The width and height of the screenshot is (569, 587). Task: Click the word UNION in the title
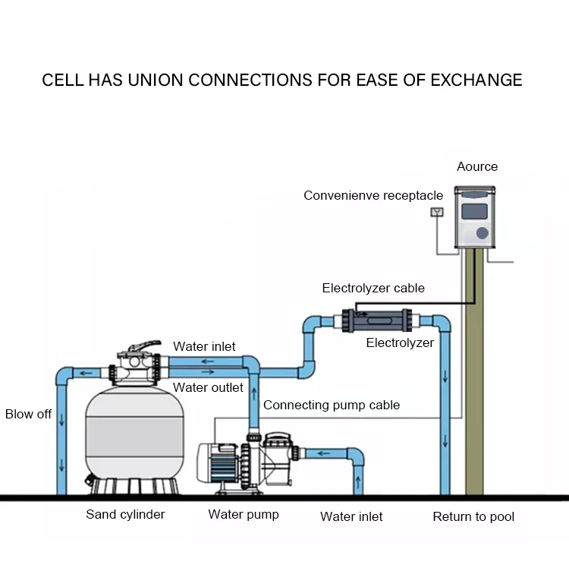click(156, 80)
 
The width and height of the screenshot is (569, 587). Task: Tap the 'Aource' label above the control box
click(477, 166)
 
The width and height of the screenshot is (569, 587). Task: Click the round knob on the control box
click(483, 233)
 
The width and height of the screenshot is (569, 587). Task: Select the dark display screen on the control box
click(474, 212)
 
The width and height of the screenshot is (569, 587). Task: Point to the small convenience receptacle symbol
click(437, 213)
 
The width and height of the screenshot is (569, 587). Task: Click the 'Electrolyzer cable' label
click(373, 289)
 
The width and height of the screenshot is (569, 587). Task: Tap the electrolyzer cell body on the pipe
click(377, 320)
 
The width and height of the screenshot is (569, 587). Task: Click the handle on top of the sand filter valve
click(145, 346)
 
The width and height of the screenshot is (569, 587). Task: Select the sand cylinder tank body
click(134, 434)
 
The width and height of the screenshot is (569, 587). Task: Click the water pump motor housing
click(218, 462)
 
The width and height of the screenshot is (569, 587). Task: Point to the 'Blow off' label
click(28, 414)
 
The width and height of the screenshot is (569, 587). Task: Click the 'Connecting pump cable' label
click(332, 405)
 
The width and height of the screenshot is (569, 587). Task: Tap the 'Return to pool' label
click(473, 516)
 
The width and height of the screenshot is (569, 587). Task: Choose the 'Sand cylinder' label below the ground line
click(125, 515)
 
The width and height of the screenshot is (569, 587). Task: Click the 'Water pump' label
click(244, 515)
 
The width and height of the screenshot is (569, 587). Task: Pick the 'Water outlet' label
click(208, 387)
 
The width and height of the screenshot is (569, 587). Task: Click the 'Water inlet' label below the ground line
click(351, 516)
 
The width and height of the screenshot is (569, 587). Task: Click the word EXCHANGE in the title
click(476, 80)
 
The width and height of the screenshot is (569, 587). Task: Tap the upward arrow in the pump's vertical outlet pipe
click(254, 394)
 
